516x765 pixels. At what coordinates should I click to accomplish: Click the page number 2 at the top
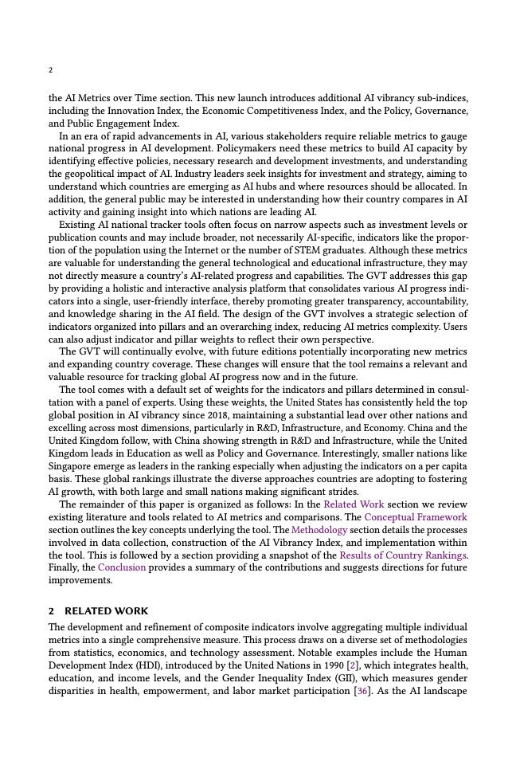point(51,70)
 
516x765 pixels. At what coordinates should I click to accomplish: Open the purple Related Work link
point(354,504)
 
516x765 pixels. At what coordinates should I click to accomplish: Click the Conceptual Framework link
point(416,517)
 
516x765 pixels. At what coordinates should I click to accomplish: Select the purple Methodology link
point(319,530)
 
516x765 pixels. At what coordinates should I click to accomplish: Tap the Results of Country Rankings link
point(403,555)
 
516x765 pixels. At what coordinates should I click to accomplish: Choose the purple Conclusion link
point(122,568)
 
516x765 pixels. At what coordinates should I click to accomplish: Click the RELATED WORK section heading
point(106,611)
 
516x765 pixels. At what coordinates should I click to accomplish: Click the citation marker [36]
point(361,691)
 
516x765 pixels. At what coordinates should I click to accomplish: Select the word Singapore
point(73,466)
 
